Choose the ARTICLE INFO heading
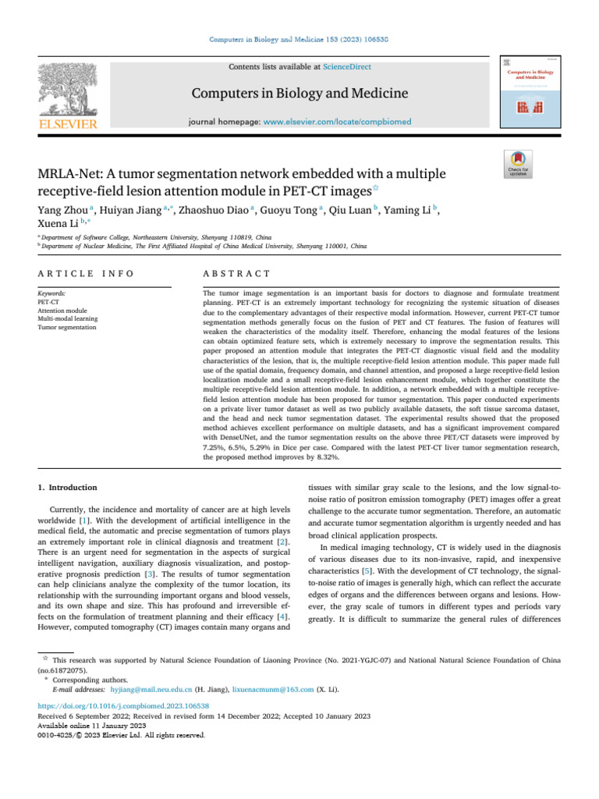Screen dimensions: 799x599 click(86, 274)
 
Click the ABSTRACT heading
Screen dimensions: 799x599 click(236, 274)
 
